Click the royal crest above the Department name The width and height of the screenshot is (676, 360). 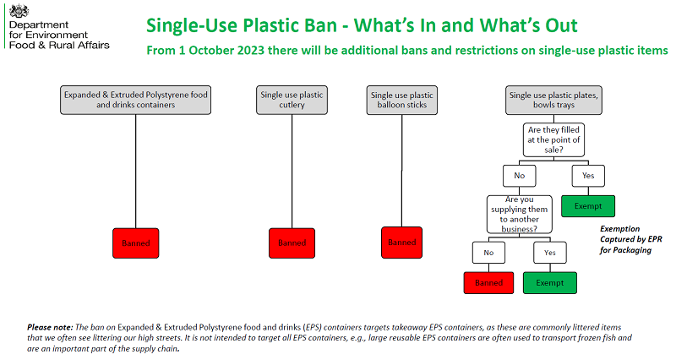19,11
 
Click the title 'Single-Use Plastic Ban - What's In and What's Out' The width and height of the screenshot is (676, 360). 362,25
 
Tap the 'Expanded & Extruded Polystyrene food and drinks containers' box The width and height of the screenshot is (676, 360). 136,100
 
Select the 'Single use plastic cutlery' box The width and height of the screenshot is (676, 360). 292,100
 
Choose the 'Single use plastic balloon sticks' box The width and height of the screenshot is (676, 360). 402,100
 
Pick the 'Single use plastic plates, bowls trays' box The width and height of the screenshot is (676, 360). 553,100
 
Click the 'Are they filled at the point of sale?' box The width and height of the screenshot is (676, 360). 553,139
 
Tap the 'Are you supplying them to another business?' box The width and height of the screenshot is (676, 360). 519,215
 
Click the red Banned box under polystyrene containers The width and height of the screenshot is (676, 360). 136,243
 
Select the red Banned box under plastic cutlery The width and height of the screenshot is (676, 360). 292,243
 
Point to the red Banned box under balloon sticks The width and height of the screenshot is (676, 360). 402,243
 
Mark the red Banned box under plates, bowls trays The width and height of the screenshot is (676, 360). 488,283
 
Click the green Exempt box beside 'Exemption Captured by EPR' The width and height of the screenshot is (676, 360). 588,206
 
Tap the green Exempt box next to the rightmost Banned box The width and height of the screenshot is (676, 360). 550,283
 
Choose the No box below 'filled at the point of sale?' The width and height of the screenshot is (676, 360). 520,176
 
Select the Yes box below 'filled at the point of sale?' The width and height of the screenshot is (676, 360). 588,176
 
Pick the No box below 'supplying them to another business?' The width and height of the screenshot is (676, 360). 488,253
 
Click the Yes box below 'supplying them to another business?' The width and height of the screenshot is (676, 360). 550,253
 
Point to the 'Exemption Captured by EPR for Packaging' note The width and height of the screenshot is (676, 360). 630,239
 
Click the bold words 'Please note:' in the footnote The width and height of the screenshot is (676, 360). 50,327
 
